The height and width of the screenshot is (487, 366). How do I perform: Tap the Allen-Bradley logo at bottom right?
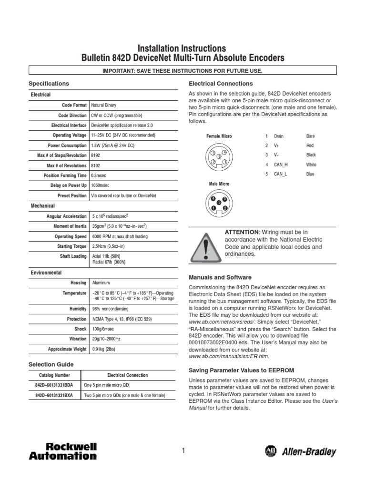coord(300,452)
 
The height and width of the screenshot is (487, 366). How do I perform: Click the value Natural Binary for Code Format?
coord(103,105)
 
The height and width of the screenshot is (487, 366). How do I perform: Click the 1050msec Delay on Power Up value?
coord(101,185)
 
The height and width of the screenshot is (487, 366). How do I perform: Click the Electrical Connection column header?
coord(127,375)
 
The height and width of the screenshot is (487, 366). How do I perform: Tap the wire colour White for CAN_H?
coord(311,165)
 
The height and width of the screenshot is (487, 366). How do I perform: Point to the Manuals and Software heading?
coord(220,277)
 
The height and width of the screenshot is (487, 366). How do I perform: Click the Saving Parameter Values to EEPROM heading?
coord(242,370)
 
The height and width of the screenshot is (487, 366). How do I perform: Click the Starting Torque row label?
coord(71,246)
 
